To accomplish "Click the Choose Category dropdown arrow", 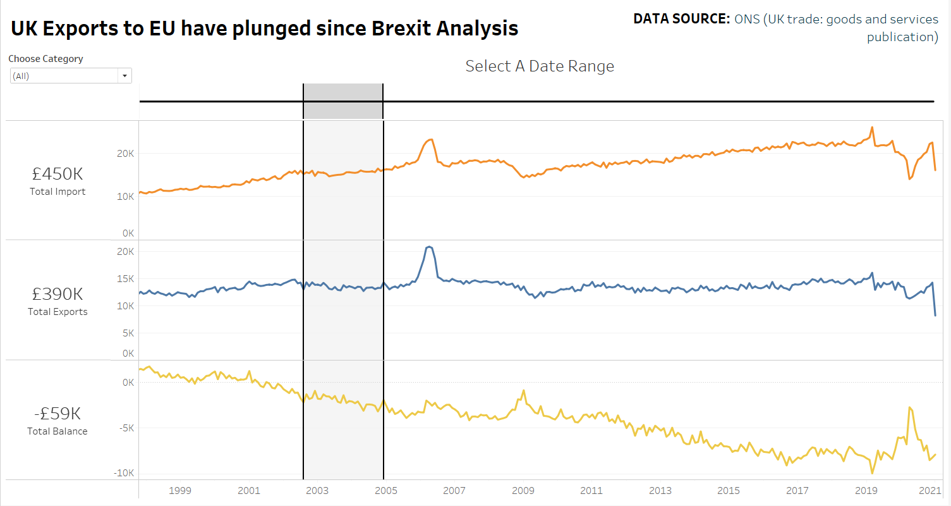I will (x=124, y=76).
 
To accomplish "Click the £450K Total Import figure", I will (x=58, y=174).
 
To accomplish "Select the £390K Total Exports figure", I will (x=58, y=294).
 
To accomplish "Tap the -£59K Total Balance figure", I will (x=58, y=414).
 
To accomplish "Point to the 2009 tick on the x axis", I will (x=523, y=490).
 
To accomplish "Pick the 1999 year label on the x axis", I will (x=179, y=490).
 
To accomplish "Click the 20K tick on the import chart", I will (x=126, y=154).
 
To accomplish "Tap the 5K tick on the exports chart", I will (x=128, y=333).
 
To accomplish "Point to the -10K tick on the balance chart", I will (x=124, y=473).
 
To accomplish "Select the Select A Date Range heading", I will (x=540, y=66).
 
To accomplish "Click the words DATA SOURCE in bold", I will (x=682, y=20).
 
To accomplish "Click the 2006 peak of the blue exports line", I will (x=429, y=247).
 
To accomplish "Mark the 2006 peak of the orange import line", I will (x=430, y=140).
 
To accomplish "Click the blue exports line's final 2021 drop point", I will (x=935, y=315).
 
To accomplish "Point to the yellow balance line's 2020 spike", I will (x=909, y=407).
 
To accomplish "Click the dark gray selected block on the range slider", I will (x=343, y=101).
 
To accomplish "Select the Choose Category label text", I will (x=45, y=59).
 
